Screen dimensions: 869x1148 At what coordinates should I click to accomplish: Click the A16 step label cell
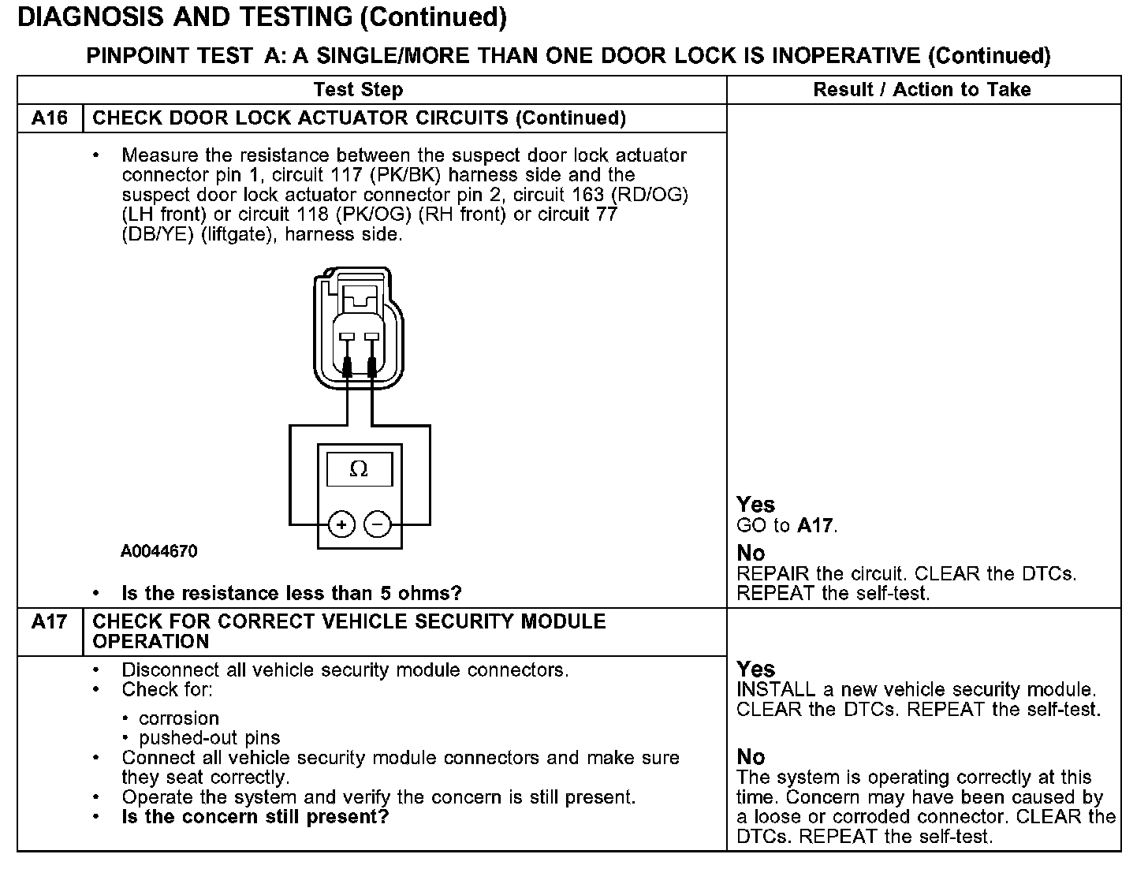(49, 118)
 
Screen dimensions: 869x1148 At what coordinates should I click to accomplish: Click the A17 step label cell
(49, 622)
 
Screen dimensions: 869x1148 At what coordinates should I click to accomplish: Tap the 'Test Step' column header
(358, 90)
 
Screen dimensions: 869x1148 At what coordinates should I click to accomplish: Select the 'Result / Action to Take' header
(922, 90)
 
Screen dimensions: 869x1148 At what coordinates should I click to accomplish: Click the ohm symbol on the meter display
(359, 470)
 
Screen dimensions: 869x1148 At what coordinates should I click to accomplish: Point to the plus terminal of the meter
(341, 524)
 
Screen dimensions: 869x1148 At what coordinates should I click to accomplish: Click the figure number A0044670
(158, 551)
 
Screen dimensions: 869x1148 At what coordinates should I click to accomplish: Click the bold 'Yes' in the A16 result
(755, 505)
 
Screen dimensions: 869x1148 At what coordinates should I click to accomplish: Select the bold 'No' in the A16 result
(751, 553)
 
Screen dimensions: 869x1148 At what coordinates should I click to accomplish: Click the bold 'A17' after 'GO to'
(816, 525)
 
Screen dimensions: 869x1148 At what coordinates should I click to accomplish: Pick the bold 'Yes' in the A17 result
(755, 669)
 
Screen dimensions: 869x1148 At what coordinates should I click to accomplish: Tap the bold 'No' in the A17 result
(751, 757)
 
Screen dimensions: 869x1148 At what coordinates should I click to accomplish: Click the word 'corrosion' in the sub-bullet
(178, 718)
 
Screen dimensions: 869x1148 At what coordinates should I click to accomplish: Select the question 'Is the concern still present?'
(255, 817)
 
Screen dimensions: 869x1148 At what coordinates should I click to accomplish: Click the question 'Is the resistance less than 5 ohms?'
(292, 593)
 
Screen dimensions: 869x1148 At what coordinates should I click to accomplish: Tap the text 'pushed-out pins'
(209, 738)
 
